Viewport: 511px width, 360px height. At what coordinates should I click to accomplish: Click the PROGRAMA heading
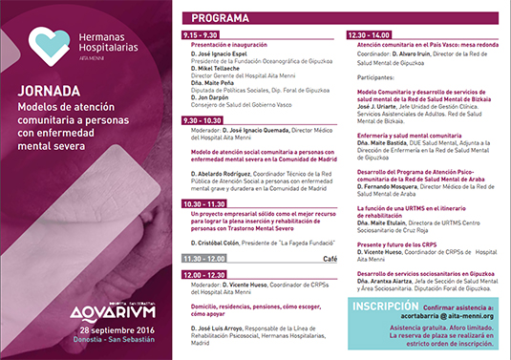click(222, 18)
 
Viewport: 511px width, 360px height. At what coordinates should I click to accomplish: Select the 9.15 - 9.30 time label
click(202, 33)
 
